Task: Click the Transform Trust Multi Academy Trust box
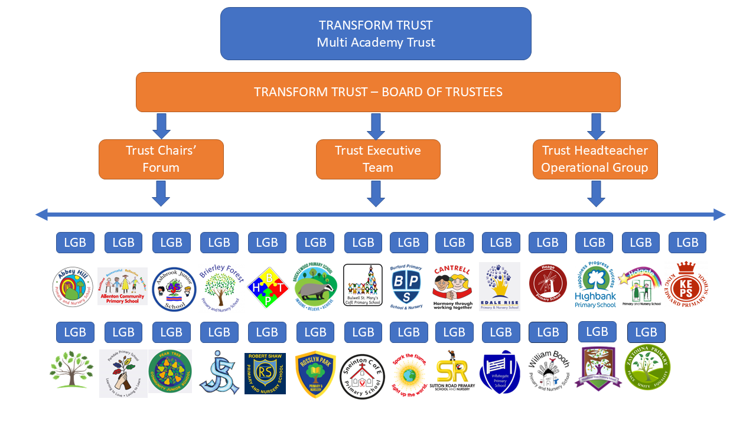tap(376, 34)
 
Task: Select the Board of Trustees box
tap(378, 92)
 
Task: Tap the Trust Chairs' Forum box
tap(161, 159)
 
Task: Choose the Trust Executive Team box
tap(378, 159)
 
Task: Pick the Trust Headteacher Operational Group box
tap(595, 159)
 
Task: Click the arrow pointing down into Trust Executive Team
tap(376, 126)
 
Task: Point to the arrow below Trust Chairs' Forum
tap(161, 193)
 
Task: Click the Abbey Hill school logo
tap(73, 287)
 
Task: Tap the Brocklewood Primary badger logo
tap(315, 286)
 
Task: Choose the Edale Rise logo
tap(500, 286)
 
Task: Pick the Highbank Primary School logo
tap(595, 286)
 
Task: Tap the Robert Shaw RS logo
tap(265, 373)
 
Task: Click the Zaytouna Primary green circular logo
tap(647, 369)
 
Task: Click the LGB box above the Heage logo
tap(548, 243)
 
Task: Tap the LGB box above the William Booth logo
tap(548, 332)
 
